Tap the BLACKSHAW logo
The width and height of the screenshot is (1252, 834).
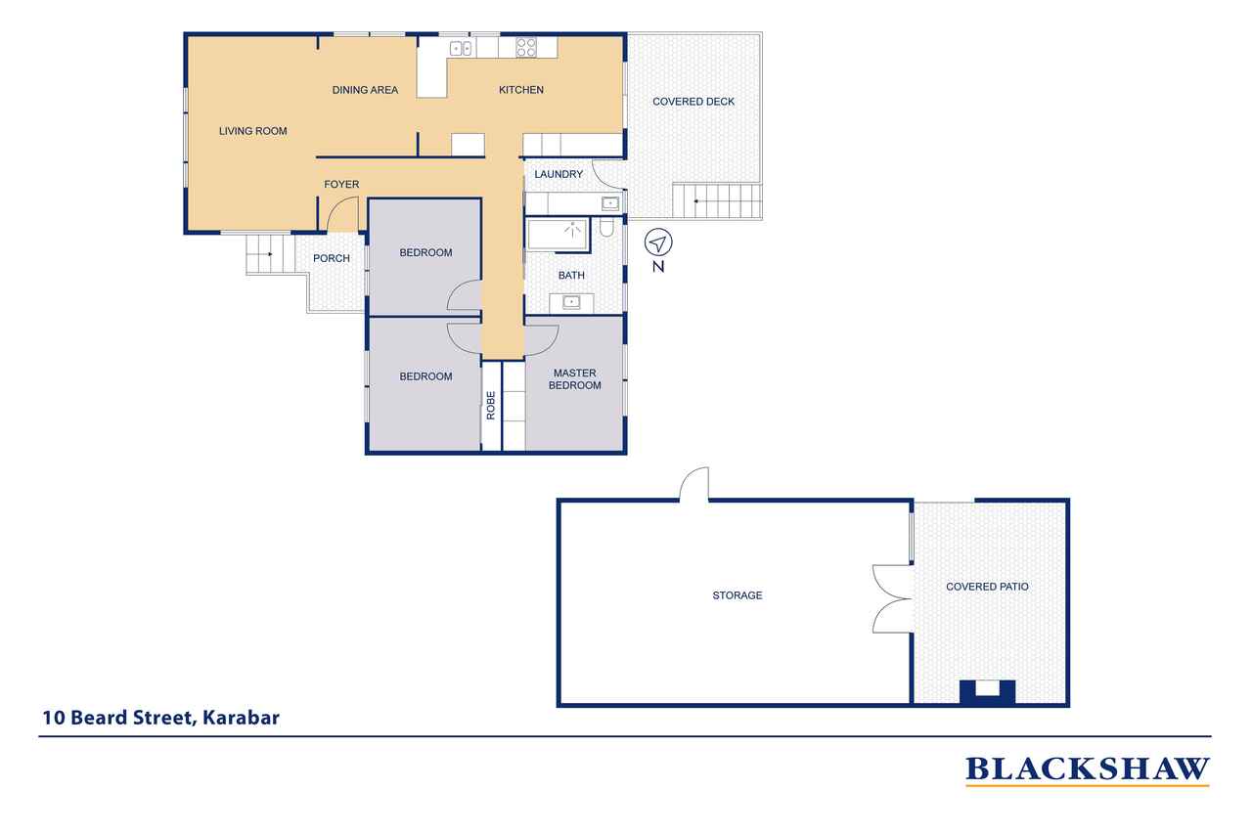click(1087, 769)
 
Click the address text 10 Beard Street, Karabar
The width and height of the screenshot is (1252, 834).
click(160, 718)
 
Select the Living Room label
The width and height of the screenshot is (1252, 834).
click(252, 130)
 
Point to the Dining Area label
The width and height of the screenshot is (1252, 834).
click(365, 90)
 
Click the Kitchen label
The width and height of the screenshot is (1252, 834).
click(520, 90)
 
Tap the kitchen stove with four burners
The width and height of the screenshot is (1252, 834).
click(526, 46)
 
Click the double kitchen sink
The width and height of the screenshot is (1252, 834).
click(461, 48)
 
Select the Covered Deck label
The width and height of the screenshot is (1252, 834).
click(693, 102)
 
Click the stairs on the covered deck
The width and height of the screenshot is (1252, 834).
click(716, 201)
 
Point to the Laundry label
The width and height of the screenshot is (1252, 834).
click(559, 174)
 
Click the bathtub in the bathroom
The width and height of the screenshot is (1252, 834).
click(557, 235)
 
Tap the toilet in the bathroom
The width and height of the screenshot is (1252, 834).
click(606, 229)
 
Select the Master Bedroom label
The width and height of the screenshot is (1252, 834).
click(576, 379)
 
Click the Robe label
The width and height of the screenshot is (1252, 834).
click(491, 405)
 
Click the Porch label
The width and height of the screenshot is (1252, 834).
click(331, 258)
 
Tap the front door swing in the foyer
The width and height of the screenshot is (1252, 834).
click(342, 215)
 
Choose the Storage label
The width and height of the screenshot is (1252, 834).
click(737, 595)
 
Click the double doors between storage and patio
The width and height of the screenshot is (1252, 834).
click(892, 598)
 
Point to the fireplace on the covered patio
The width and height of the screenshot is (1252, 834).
click(987, 690)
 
